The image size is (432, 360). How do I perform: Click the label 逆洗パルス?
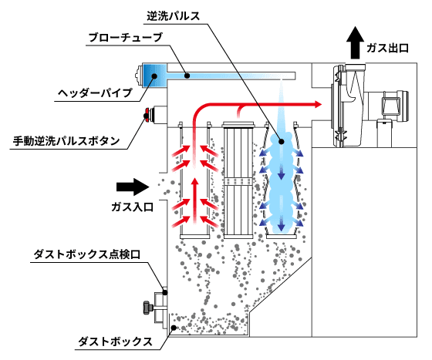click(174, 15)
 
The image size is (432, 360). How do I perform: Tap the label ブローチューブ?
click(126, 37)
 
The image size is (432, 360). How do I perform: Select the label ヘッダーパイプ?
click(95, 93)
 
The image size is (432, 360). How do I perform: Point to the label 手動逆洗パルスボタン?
click(66, 141)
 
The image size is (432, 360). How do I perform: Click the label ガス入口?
click(132, 207)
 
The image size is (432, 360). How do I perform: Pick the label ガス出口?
click(387, 48)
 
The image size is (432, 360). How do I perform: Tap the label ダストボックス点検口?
click(86, 254)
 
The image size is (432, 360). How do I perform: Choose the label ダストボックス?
click(116, 341)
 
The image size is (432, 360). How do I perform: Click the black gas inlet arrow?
click(133, 187)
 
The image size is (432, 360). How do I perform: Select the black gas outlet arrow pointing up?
click(356, 42)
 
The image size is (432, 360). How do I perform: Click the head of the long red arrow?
click(318, 104)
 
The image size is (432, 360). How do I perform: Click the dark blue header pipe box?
click(154, 76)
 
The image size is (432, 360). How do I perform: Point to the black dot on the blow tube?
click(187, 76)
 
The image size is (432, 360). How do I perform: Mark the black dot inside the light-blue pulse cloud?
click(282, 142)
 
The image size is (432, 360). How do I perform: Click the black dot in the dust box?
click(174, 328)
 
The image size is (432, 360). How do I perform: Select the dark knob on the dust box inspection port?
click(147, 308)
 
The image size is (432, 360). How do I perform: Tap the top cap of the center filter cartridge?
click(238, 125)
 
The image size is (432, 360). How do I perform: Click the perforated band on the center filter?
click(238, 181)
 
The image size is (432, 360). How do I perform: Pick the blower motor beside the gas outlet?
click(386, 106)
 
